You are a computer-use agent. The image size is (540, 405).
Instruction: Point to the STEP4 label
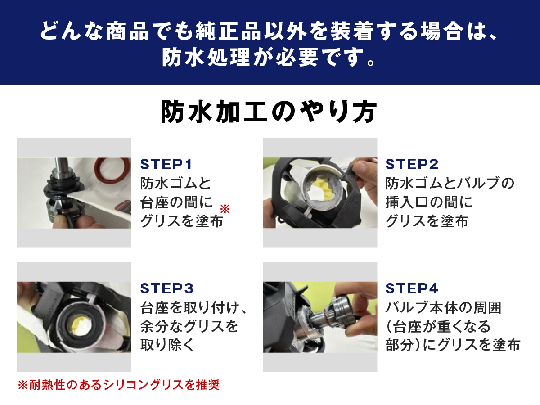click(412, 288)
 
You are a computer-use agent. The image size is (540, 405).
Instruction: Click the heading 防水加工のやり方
click(269, 112)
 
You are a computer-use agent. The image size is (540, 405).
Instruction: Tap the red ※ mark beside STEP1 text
click(225, 209)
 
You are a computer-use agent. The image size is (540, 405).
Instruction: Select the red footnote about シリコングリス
click(118, 385)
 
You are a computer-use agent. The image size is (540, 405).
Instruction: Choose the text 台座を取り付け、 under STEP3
click(194, 308)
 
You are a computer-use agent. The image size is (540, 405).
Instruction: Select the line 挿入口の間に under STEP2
click(429, 202)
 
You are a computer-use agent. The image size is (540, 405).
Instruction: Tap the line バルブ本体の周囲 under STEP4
click(443, 308)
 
